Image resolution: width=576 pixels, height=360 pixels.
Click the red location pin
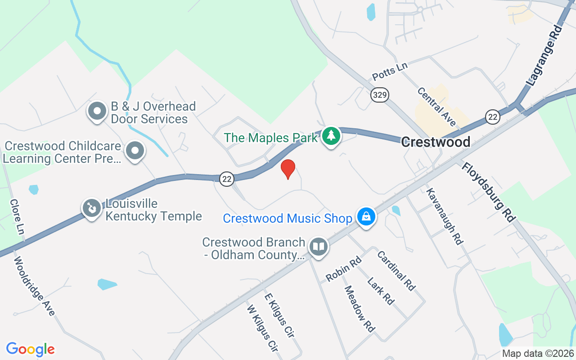click(x=288, y=169)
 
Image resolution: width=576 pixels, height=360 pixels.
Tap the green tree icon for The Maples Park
click(x=332, y=135)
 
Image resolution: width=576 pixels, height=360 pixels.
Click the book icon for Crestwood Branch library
click(x=319, y=247)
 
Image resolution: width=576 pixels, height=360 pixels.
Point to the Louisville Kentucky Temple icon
click(x=92, y=208)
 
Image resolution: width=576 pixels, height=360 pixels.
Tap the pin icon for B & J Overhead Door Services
click(x=97, y=111)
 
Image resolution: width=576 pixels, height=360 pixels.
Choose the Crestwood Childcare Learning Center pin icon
click(x=135, y=151)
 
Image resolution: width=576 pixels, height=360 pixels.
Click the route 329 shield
click(x=380, y=95)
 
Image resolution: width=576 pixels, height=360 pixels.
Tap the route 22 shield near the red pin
click(x=227, y=179)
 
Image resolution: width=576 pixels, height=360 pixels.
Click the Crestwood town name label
click(x=436, y=142)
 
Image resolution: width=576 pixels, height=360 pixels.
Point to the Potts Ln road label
click(x=390, y=71)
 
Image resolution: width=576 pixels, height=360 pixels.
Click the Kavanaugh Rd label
click(x=445, y=216)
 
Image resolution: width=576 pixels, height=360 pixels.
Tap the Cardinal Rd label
click(x=396, y=270)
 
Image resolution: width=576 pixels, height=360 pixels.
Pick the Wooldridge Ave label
click(x=34, y=286)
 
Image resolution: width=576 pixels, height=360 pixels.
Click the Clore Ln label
click(x=17, y=216)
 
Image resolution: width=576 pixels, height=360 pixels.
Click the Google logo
click(x=31, y=349)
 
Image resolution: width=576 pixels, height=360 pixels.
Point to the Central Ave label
click(x=436, y=107)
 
